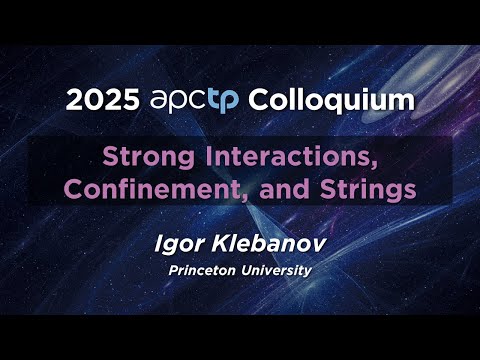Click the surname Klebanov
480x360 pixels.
tap(265, 243)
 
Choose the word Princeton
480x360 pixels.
tap(208, 270)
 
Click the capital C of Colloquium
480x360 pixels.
tap(259, 100)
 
